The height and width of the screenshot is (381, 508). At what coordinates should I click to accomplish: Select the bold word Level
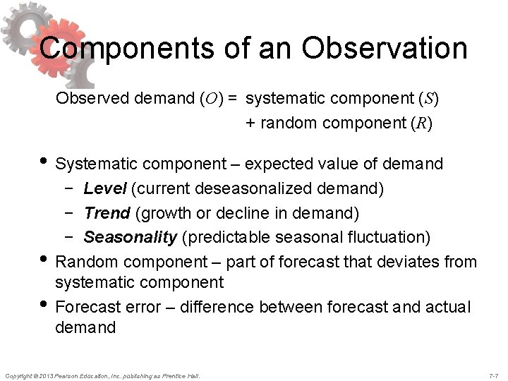coord(105,188)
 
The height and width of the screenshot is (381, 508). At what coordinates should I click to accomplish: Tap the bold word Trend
coord(107,212)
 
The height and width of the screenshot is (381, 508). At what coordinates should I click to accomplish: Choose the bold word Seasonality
coord(130,236)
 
